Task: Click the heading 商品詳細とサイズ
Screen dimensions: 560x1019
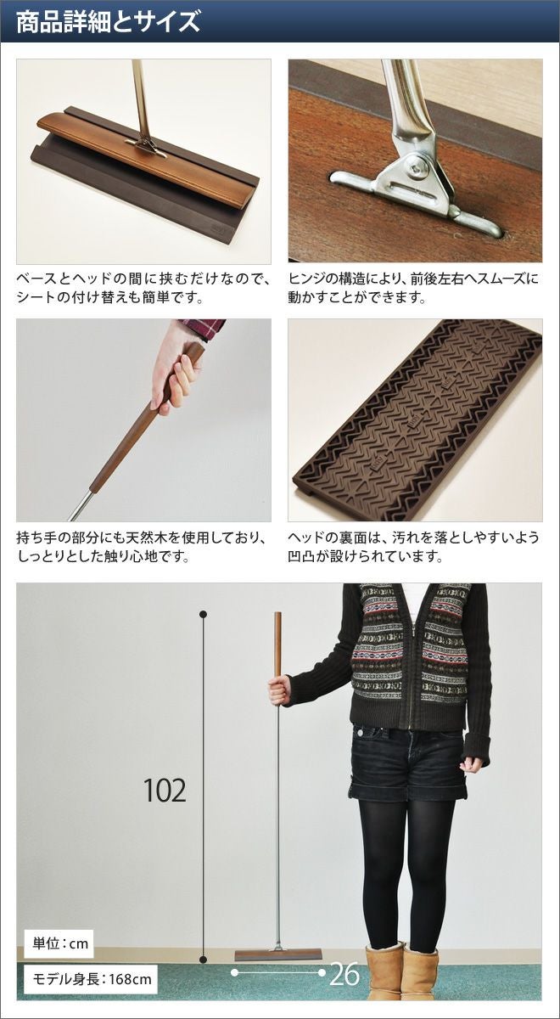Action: point(108,21)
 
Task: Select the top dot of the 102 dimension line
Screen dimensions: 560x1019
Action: point(204,615)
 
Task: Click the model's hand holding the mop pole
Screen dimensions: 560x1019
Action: point(279,690)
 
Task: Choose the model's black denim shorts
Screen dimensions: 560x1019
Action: point(406,760)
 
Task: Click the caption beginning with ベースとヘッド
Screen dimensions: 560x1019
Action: point(143,288)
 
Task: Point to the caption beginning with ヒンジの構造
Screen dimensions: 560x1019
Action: point(412,288)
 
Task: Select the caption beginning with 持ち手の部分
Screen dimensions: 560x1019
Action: point(142,546)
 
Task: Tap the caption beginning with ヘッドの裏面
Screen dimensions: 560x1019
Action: point(412,546)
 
